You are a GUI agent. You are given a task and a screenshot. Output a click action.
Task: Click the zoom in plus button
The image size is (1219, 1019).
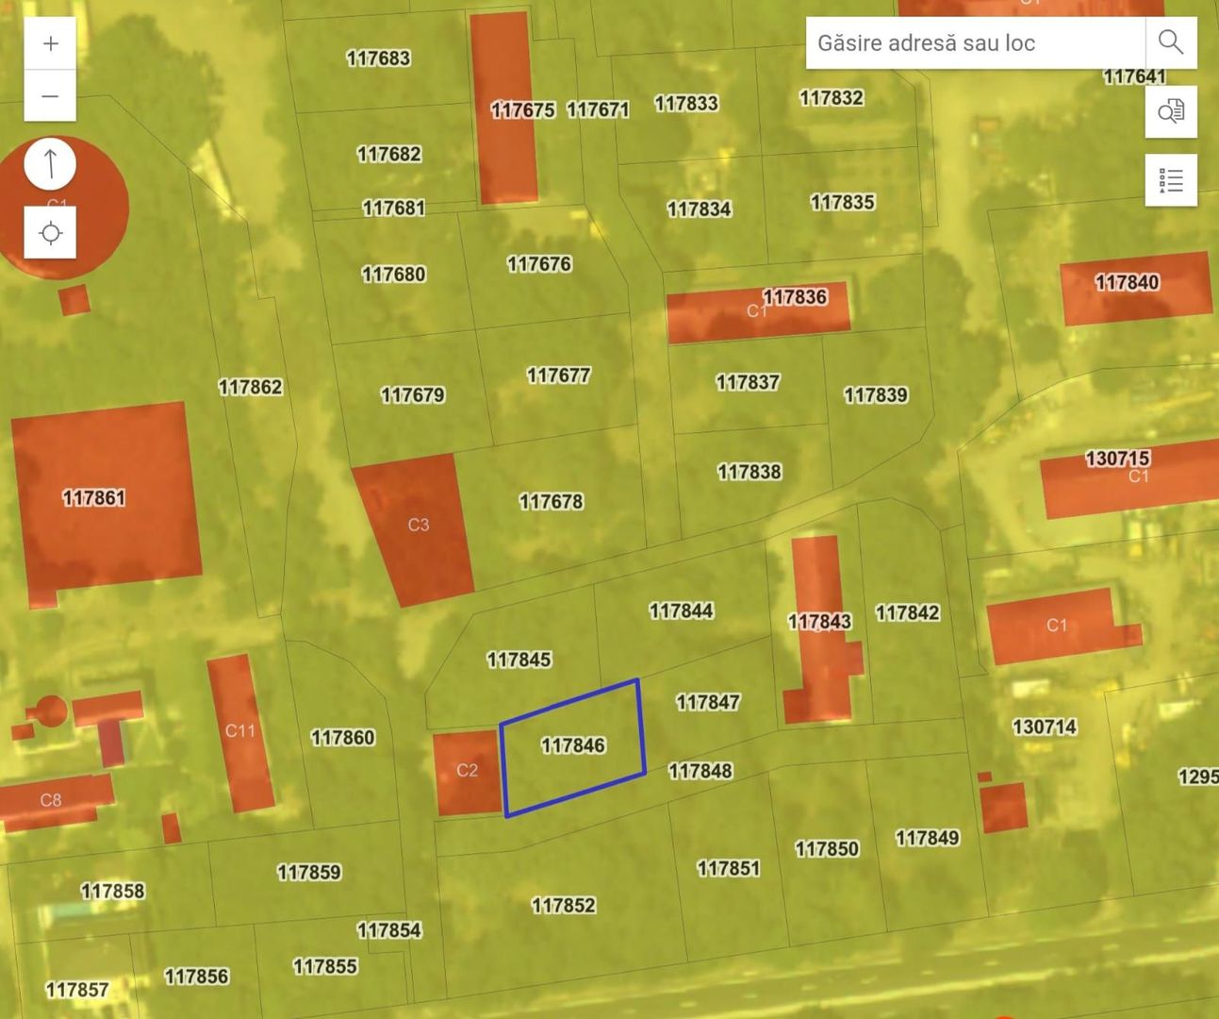[50, 43]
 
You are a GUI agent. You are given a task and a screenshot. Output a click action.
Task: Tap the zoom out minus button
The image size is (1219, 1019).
[50, 96]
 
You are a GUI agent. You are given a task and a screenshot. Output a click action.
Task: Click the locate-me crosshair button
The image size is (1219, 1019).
[50, 233]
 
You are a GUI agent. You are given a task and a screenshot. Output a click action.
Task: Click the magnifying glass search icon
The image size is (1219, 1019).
[1170, 42]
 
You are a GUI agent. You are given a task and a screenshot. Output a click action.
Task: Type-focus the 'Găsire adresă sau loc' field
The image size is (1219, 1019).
[975, 42]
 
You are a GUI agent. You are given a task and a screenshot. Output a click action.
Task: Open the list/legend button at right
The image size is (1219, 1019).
[1170, 180]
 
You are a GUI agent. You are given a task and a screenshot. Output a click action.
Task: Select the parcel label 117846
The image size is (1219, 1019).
[573, 745]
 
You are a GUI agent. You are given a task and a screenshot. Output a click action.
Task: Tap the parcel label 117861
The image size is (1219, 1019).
[93, 497]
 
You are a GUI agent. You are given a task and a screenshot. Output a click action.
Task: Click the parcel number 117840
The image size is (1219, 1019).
[1127, 282]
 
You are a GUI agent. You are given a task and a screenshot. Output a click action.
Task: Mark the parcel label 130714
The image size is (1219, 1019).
[1044, 727]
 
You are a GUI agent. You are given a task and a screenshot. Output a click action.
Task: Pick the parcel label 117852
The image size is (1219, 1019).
[563, 905]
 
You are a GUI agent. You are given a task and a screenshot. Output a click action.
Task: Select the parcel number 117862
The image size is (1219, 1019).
[250, 387]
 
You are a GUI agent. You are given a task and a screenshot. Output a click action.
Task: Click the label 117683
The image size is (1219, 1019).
[378, 58]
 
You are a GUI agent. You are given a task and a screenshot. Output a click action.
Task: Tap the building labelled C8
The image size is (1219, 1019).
[51, 800]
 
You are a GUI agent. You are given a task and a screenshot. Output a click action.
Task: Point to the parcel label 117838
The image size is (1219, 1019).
[749, 471]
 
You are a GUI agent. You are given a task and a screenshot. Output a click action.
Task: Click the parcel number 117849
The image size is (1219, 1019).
[927, 838]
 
